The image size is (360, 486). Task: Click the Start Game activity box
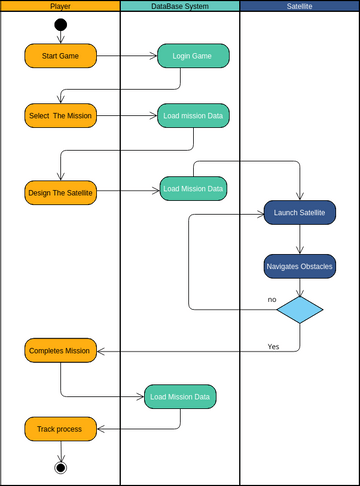pyautogui.click(x=60, y=55)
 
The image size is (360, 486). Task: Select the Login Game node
pyautogui.click(x=193, y=55)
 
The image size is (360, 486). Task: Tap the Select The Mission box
pyautogui.click(x=60, y=115)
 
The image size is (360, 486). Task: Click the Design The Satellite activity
pyautogui.click(x=60, y=192)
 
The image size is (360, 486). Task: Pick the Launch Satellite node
pyautogui.click(x=300, y=212)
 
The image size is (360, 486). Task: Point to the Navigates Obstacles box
pyautogui.click(x=300, y=266)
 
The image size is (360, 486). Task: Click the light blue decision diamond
pyautogui.click(x=300, y=309)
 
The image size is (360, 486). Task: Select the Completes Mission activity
pyautogui.click(x=60, y=350)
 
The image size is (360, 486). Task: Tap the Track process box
pyautogui.click(x=60, y=429)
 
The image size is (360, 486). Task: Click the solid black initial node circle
pyautogui.click(x=60, y=24)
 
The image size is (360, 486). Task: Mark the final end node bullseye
pyautogui.click(x=60, y=467)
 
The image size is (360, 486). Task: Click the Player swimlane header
pyautogui.click(x=60, y=6)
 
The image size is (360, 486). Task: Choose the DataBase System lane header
pyautogui.click(x=180, y=6)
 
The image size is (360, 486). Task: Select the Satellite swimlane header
pyautogui.click(x=300, y=6)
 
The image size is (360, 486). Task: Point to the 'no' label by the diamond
pyautogui.click(x=272, y=299)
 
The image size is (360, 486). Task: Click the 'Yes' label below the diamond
pyautogui.click(x=273, y=346)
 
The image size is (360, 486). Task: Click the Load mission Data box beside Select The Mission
pyautogui.click(x=193, y=115)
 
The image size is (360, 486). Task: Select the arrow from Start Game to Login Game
pyautogui.click(x=127, y=55)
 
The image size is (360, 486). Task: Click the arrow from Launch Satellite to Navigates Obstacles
pyautogui.click(x=300, y=238)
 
